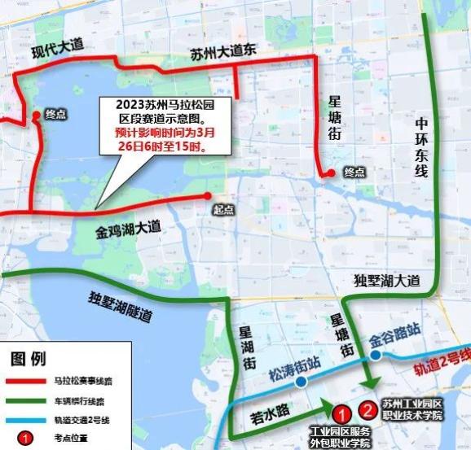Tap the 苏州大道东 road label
[223, 52]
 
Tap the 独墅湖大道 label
[387, 281]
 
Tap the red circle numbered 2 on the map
[368, 410]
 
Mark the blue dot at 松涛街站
[302, 382]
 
